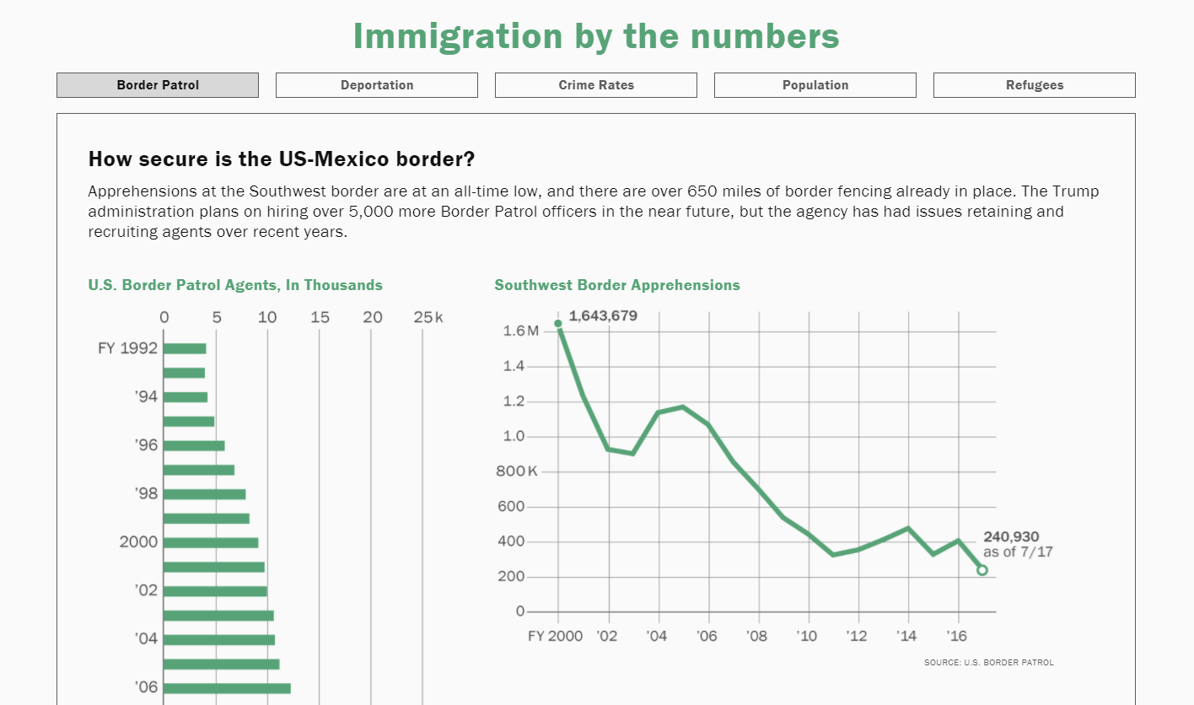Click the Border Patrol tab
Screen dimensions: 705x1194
point(158,85)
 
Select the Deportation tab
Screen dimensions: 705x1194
point(377,85)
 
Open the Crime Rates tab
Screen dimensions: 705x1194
point(596,85)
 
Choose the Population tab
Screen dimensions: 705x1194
point(815,85)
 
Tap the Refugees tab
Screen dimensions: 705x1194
point(1035,85)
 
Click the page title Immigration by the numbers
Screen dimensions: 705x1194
point(596,36)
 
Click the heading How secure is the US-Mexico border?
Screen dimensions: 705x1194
point(282,159)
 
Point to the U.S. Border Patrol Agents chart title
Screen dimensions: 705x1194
point(235,285)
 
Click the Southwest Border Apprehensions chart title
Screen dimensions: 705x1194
point(617,285)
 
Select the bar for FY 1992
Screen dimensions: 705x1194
point(185,348)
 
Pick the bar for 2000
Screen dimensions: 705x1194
point(211,542)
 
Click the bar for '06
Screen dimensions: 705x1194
point(227,688)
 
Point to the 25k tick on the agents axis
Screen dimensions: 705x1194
point(428,318)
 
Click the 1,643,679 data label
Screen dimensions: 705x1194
point(603,316)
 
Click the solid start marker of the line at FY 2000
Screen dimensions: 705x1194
point(558,324)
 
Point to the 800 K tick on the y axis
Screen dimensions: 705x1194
point(516,471)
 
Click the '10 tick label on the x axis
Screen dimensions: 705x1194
point(807,636)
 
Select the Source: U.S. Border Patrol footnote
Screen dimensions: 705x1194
point(988,663)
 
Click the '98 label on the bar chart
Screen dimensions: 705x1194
point(147,494)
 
